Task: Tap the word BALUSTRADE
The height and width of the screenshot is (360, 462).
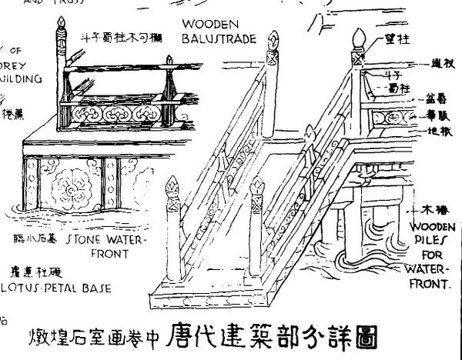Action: (218, 35)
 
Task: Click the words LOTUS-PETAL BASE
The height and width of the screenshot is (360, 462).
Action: (58, 288)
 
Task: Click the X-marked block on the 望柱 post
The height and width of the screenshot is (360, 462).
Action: (357, 57)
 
